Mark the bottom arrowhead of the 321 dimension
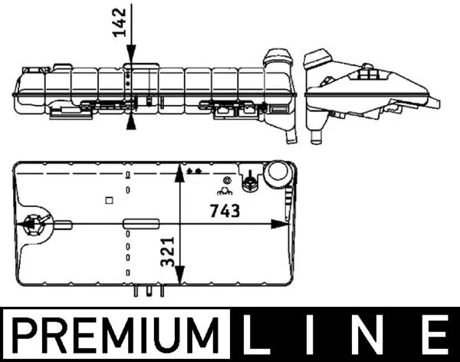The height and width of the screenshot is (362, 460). coord(179,277)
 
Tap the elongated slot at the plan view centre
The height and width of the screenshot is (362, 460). coord(139,225)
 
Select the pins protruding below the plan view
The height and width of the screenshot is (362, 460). coord(148,291)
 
